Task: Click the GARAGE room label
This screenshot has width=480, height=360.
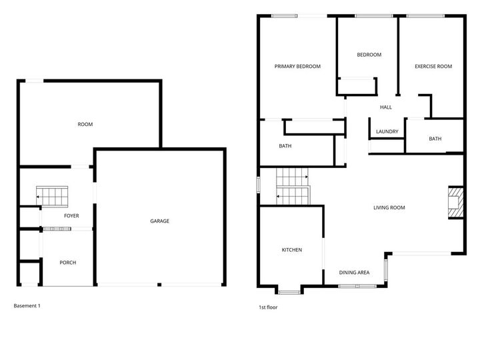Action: [159, 221]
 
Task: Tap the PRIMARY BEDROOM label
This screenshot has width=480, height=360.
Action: [298, 66]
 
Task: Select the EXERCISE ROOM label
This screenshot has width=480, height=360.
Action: [433, 66]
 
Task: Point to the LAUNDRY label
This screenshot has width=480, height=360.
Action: [387, 131]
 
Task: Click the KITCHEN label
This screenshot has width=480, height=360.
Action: [292, 250]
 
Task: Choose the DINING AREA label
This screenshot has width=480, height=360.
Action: [354, 272]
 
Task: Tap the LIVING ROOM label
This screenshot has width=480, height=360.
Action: [389, 207]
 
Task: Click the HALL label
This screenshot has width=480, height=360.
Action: [385, 107]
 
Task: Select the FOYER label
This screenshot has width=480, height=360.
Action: [71, 216]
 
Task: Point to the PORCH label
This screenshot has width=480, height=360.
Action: [68, 263]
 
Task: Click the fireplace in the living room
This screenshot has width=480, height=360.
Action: [455, 201]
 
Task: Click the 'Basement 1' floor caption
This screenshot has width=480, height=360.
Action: [27, 305]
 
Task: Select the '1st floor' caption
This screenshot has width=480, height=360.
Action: [268, 307]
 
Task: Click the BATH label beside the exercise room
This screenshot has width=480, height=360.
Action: [435, 139]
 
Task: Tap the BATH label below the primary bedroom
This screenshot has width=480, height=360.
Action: [285, 145]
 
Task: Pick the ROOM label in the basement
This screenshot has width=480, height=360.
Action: [85, 124]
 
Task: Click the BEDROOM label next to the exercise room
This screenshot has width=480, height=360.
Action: [369, 55]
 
